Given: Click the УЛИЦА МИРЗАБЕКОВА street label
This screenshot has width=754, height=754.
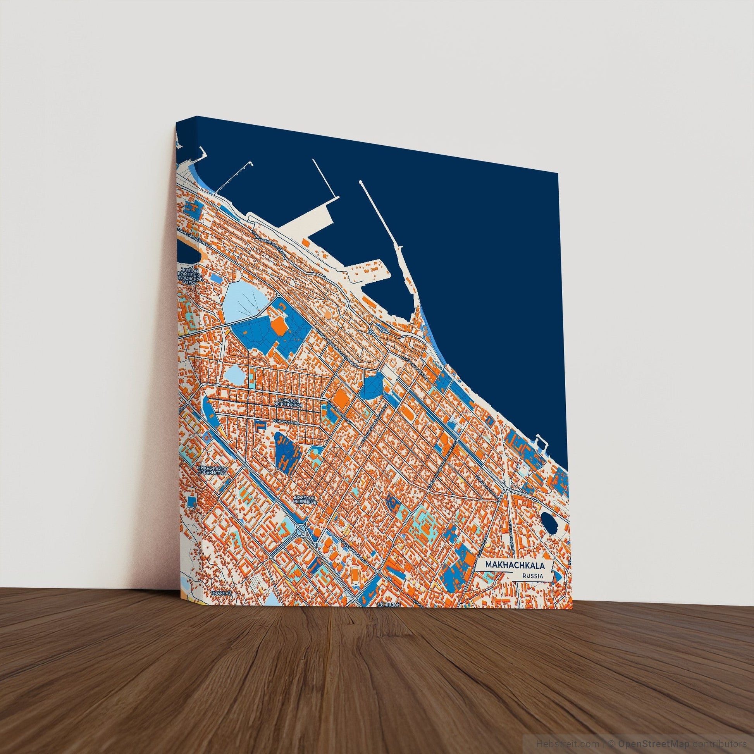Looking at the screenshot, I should [271, 244].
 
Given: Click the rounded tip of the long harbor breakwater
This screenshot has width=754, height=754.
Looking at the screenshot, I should [360, 182].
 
